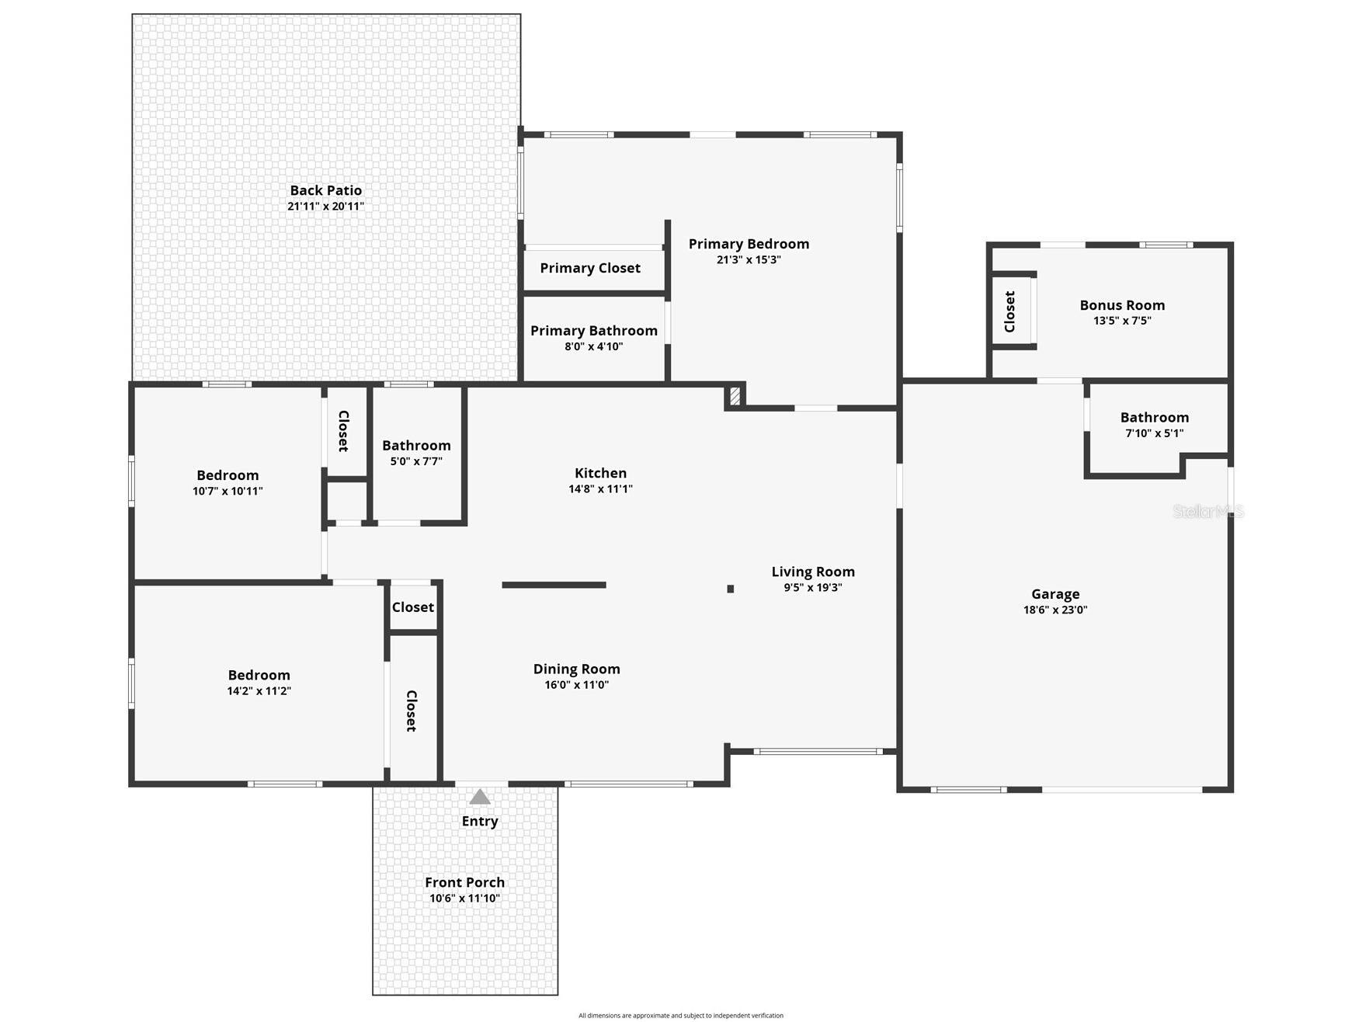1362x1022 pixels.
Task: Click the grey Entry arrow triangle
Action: click(x=480, y=797)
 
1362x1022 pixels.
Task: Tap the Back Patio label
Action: click(x=325, y=190)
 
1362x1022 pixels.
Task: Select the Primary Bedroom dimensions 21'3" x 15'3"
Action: click(x=749, y=260)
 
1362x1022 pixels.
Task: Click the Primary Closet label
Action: click(x=590, y=268)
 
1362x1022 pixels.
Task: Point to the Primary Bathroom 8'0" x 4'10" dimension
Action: click(x=594, y=347)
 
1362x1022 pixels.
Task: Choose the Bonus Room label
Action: click(x=1122, y=305)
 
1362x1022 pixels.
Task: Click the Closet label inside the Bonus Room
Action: click(x=1009, y=311)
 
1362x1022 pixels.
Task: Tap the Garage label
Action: click(x=1055, y=594)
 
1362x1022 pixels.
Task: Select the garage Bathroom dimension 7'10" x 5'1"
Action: click(x=1155, y=433)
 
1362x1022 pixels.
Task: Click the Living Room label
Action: click(x=813, y=572)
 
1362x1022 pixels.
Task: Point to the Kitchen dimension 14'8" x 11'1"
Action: click(x=600, y=489)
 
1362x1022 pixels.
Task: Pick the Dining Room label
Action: click(x=576, y=669)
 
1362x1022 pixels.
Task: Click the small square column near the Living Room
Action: click(x=731, y=589)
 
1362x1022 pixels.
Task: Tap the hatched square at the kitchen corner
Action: click(x=735, y=396)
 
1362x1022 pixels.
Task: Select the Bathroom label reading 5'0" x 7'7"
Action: click(x=416, y=446)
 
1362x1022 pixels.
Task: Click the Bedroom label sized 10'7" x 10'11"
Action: click(x=228, y=475)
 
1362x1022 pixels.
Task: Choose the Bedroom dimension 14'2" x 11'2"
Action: click(x=259, y=691)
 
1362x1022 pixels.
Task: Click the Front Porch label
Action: click(x=464, y=882)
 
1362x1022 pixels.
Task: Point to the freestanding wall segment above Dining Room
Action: click(x=554, y=585)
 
